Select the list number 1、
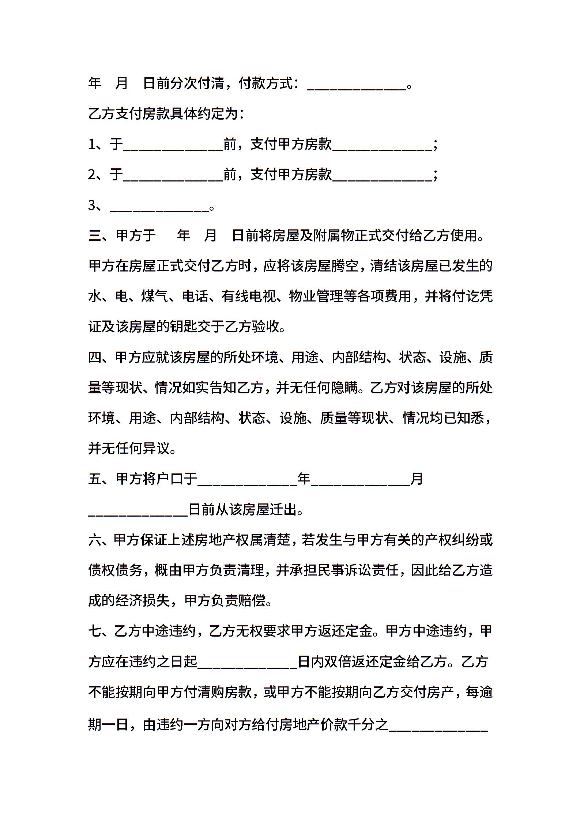(95, 145)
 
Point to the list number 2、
(95, 175)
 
